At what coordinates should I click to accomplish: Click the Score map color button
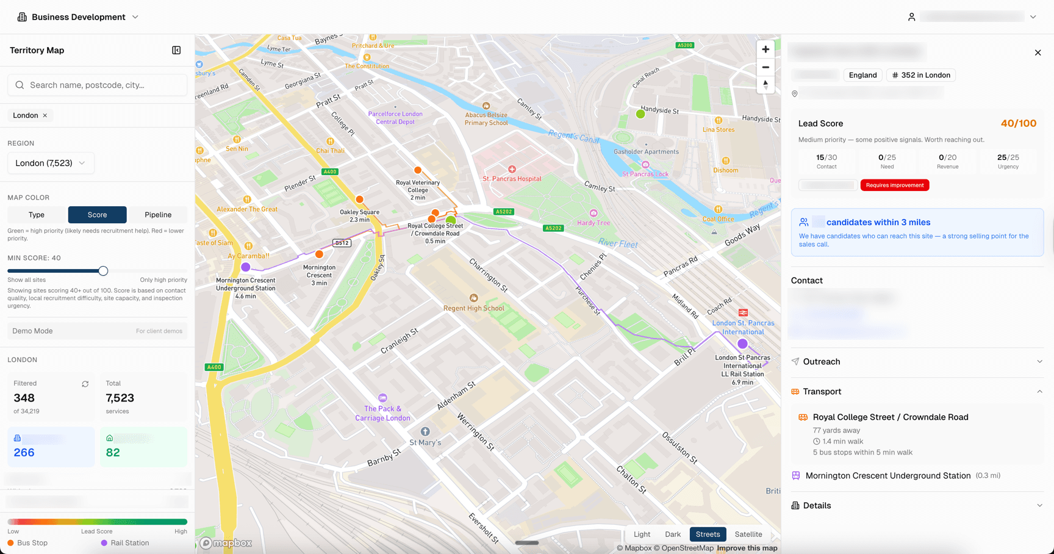point(97,215)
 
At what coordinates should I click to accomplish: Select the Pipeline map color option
point(158,215)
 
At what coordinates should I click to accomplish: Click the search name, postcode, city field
point(98,85)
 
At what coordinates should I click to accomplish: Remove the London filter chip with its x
point(45,115)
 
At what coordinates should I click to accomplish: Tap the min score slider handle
point(103,271)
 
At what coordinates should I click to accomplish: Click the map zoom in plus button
point(765,49)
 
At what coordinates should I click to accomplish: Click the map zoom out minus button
point(765,67)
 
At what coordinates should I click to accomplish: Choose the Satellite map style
point(748,534)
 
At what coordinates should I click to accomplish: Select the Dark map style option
point(673,534)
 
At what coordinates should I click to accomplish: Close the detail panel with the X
point(1038,52)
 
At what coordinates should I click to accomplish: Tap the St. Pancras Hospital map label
point(512,179)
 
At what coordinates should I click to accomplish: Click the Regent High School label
point(474,308)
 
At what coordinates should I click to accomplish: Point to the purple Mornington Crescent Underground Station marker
point(246,267)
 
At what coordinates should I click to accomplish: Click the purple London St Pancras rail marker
point(742,344)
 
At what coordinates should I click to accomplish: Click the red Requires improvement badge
point(894,185)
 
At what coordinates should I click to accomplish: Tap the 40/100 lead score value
point(1018,123)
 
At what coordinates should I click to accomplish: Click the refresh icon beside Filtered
point(85,384)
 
